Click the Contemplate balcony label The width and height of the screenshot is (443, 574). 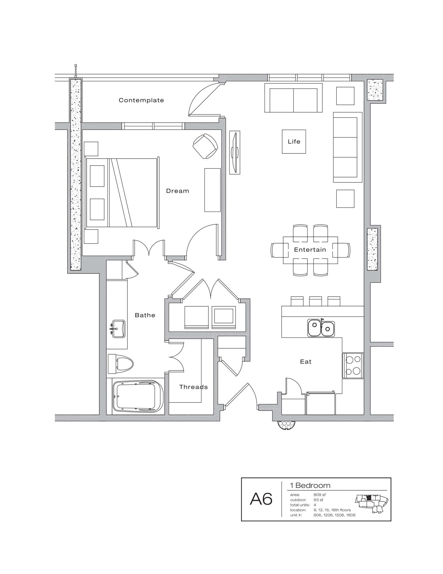click(x=141, y=100)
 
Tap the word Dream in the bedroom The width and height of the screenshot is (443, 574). click(x=177, y=191)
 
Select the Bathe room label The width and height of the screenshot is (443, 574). click(x=145, y=315)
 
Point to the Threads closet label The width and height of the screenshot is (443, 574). click(x=193, y=387)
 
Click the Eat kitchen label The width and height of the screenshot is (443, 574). click(x=306, y=362)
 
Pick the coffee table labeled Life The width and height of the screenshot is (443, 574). click(x=294, y=142)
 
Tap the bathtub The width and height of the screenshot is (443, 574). click(x=138, y=396)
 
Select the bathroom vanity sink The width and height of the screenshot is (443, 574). click(x=118, y=328)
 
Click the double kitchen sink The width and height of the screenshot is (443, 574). click(x=321, y=328)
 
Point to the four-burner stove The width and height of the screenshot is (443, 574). click(x=353, y=365)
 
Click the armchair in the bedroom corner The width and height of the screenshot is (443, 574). click(x=205, y=146)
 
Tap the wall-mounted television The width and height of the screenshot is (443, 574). click(x=235, y=152)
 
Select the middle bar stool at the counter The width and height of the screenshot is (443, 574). click(x=316, y=301)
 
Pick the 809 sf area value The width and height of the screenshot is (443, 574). click(x=319, y=495)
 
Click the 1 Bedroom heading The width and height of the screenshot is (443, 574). click(x=310, y=486)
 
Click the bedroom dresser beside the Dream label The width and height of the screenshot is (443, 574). click(x=212, y=190)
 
